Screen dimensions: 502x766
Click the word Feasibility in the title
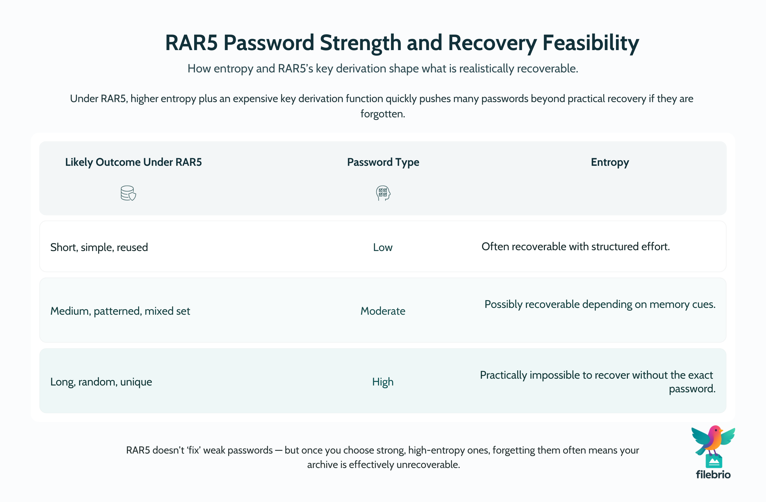tap(591, 43)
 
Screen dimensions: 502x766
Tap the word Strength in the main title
tap(360, 43)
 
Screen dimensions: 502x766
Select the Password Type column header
tap(383, 162)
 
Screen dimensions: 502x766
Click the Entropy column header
tap(610, 162)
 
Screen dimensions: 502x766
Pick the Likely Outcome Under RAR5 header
tap(133, 162)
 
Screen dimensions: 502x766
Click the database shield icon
tap(128, 193)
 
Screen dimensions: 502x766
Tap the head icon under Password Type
tap(383, 193)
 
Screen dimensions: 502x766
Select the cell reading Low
tap(383, 247)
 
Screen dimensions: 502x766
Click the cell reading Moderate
tap(383, 311)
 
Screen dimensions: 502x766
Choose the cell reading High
tap(383, 382)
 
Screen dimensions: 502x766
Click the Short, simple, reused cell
tap(99, 247)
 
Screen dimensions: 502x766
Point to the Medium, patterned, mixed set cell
tap(120, 311)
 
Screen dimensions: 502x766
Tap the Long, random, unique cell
tap(101, 382)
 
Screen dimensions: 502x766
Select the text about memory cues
tap(600, 304)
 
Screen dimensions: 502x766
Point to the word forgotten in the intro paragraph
tap(382, 114)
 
